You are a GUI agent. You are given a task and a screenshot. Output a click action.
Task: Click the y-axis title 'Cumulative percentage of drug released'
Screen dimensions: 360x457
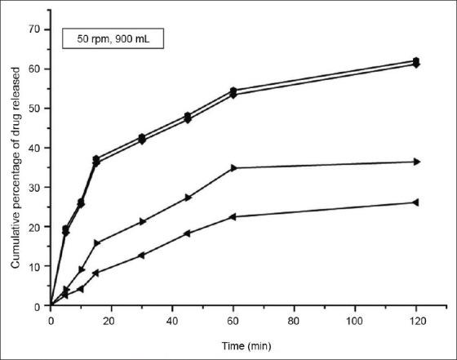16,167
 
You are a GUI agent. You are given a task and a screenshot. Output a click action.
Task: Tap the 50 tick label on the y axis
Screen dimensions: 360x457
35,108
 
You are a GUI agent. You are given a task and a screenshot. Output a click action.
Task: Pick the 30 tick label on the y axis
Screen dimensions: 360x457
35,187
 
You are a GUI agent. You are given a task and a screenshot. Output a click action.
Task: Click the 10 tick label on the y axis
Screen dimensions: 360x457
35,266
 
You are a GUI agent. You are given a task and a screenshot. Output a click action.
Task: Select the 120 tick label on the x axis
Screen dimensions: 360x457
416,322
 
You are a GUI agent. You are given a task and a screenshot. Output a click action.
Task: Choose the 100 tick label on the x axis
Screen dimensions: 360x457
355,322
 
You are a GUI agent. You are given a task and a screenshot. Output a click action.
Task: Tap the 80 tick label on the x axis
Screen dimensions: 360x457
295,322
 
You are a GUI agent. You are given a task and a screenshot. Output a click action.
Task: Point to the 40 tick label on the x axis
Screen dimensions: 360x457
173,322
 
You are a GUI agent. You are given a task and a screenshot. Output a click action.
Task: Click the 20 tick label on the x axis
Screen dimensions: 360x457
112,322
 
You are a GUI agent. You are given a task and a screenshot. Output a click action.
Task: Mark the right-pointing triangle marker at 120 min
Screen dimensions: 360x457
416,162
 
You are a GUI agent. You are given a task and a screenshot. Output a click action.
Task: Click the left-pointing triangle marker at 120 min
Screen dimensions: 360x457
416,202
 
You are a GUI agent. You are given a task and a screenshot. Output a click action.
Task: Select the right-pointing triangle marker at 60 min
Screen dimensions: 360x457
233,168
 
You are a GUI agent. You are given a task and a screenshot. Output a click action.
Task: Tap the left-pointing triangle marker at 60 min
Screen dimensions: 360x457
233,216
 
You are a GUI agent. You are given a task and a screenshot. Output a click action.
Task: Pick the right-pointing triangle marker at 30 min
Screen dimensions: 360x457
142,221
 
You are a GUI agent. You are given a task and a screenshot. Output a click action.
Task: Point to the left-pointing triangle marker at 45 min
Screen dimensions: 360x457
188,233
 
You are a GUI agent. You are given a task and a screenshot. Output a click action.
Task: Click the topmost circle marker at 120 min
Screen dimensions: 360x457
416,60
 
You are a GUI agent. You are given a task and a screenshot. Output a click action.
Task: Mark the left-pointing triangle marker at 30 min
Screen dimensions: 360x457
142,256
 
